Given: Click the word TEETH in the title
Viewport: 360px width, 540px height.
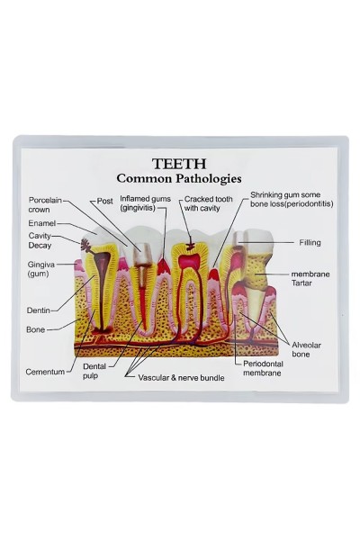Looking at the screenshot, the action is coord(179,164).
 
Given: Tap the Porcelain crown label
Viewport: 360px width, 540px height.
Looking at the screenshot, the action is coord(45,204).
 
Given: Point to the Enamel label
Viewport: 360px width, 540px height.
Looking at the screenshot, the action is coord(42,223).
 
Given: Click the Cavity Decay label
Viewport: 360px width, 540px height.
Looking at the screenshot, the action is coord(40,240).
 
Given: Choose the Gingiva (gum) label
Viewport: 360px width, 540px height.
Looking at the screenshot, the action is coord(41,269).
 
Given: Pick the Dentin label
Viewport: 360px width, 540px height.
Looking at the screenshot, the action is coord(38,310).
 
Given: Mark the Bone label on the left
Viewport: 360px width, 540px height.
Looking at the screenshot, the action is coord(35,329).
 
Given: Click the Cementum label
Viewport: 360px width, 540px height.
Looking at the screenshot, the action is coord(45,372).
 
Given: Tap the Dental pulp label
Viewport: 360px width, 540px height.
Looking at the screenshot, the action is coord(94,371).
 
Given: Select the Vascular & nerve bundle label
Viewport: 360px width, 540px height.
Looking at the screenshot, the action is coord(181,378).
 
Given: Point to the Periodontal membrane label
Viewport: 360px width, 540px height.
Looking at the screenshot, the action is coord(263,368).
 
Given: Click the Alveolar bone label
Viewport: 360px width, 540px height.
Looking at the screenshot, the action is coord(306,349).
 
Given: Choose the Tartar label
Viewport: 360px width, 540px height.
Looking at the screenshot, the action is coord(301,283).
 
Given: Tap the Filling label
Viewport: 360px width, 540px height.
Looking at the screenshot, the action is coord(310,242).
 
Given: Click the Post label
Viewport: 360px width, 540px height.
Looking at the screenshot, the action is coord(104,201).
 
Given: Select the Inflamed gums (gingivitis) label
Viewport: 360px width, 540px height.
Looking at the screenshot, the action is coord(145,203).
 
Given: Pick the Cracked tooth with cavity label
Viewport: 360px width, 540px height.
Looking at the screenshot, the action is coord(209,203).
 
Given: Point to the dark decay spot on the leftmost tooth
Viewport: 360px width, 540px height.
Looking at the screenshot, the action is coord(85,245).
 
